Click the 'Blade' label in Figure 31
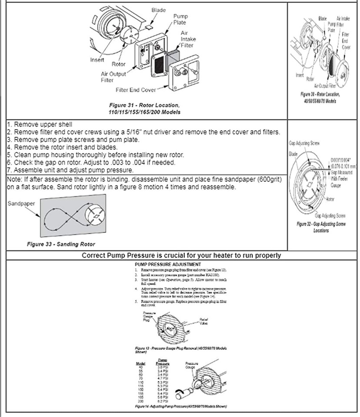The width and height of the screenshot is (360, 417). [x=158, y=10]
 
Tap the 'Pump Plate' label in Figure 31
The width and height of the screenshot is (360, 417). [x=180, y=19]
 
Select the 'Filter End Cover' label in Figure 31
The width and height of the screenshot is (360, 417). [x=136, y=90]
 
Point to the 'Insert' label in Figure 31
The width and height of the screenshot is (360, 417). [x=97, y=60]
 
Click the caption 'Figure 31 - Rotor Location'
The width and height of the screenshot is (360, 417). [x=144, y=106]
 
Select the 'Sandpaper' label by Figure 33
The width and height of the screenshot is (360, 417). [x=21, y=202]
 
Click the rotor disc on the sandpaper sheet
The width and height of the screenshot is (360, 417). [x=96, y=215]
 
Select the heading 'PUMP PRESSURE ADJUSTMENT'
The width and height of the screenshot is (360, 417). [x=168, y=264]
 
